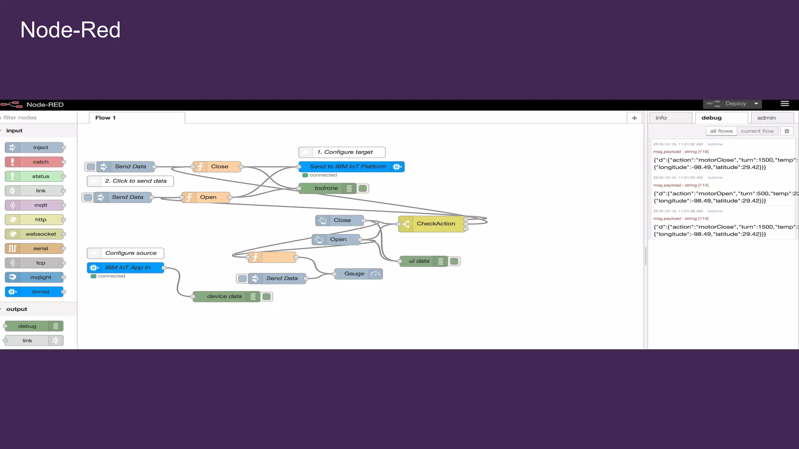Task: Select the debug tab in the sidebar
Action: (711, 118)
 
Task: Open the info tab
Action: (661, 118)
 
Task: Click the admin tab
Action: (766, 118)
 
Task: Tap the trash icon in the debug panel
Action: (787, 131)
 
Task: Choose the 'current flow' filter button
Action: (757, 131)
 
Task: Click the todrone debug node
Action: (326, 188)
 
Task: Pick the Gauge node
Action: (354, 274)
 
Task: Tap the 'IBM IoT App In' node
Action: (127, 267)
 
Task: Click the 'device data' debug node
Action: (224, 297)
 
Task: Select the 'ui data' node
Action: (419, 261)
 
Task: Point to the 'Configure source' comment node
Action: (130, 253)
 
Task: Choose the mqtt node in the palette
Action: (41, 205)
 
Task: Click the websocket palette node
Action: (41, 234)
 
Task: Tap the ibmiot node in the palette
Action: (41, 292)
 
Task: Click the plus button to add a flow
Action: (634, 118)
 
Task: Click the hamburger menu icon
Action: (785, 103)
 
